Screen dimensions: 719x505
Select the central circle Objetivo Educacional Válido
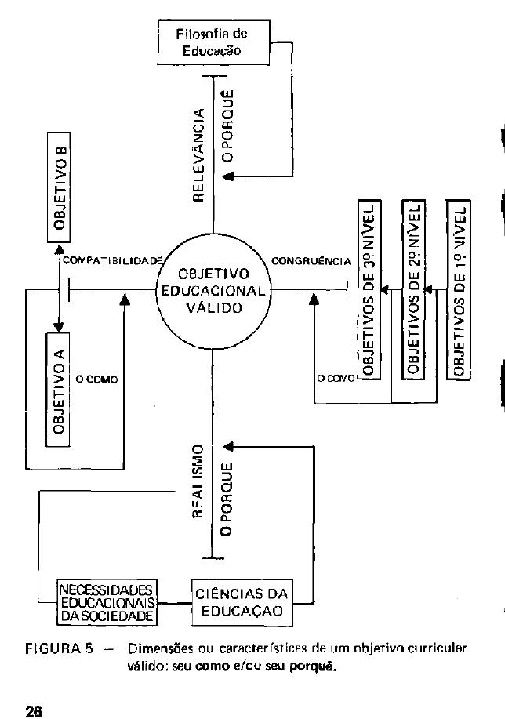click(213, 291)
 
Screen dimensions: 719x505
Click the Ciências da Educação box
click(236, 601)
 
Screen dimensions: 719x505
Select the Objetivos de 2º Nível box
click(413, 289)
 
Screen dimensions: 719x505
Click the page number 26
click(33, 711)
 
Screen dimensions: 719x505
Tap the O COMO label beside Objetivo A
click(96, 379)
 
